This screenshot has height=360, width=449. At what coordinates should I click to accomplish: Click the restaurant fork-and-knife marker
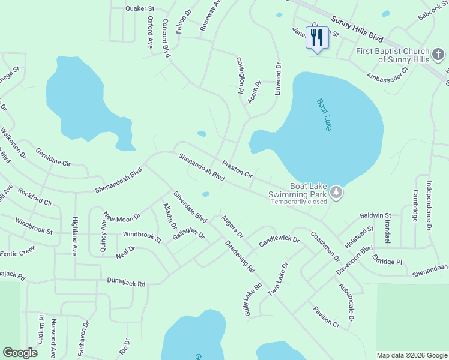pos(316,38)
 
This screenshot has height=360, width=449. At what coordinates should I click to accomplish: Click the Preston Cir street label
pos(237,169)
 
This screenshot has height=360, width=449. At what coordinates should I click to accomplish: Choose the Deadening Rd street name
pos(240,256)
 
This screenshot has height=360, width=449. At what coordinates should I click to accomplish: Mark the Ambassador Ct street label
pos(388,76)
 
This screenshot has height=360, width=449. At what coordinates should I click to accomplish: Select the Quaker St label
pos(140,9)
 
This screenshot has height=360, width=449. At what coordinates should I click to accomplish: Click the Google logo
pos(20,353)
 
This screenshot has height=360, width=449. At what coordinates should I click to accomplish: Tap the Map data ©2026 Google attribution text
pos(411,355)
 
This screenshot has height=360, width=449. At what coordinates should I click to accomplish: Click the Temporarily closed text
pos(298,202)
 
